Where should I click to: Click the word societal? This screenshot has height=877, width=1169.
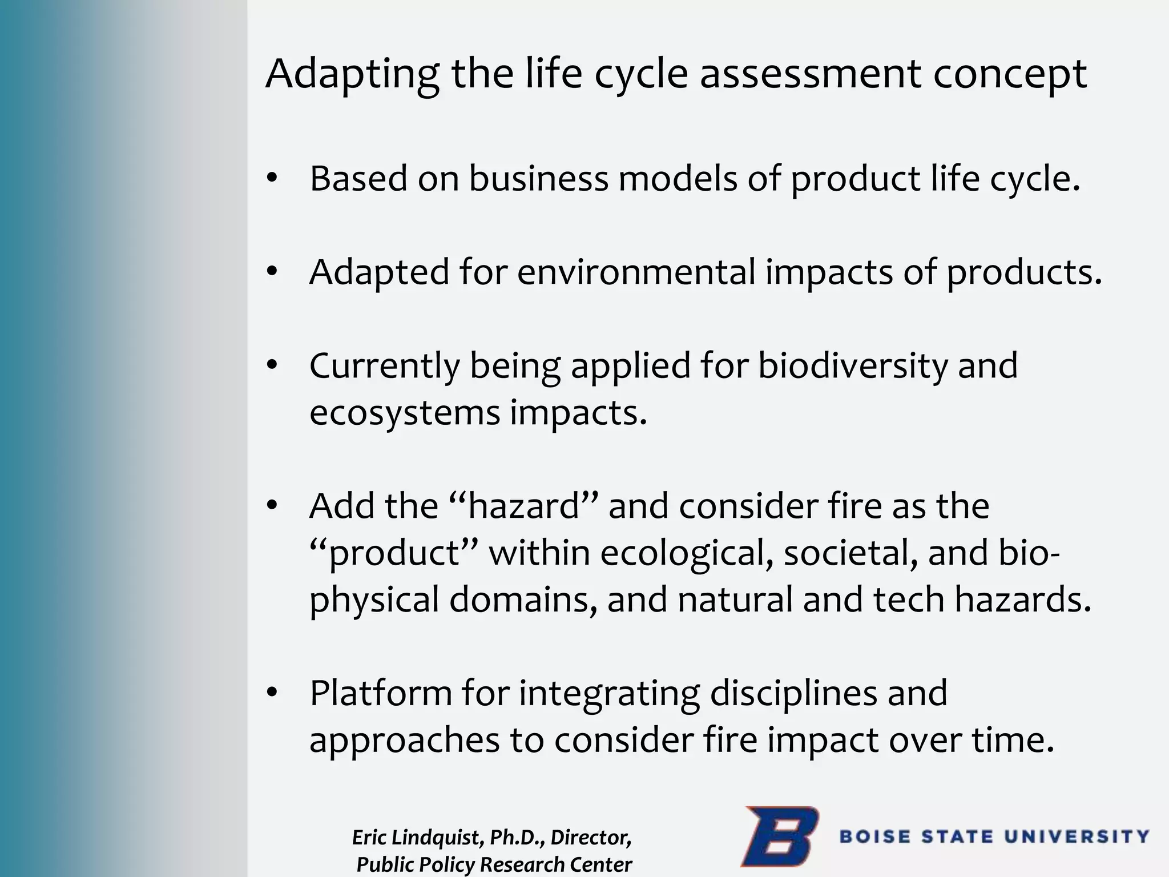click(x=850, y=553)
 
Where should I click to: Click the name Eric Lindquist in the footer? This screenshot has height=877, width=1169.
click(x=417, y=838)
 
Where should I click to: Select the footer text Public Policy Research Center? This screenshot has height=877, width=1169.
click(x=494, y=864)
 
